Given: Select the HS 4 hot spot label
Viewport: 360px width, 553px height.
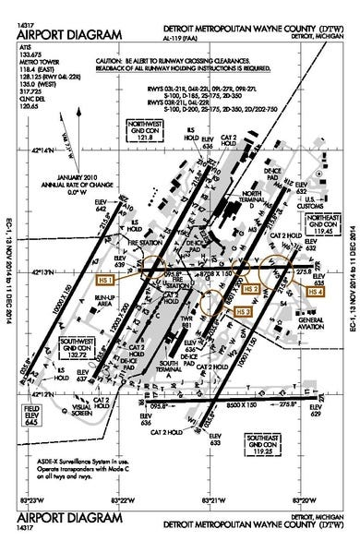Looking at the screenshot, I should [316, 292].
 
